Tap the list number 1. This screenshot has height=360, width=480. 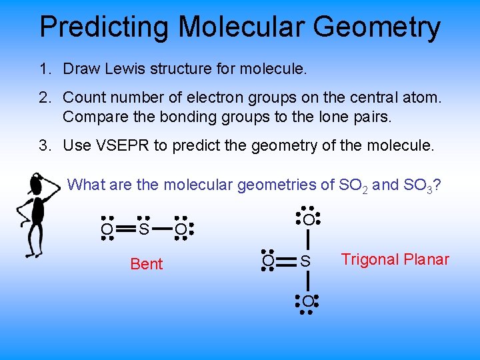[44, 69]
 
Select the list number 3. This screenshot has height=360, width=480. [44, 145]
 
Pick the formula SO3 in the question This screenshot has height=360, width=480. [419, 185]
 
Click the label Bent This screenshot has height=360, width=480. [146, 264]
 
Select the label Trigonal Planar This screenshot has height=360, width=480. [395, 259]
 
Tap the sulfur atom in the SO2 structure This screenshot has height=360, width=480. [143, 230]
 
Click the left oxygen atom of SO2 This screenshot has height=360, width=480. [107, 230]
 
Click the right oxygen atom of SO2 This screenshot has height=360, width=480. [180, 230]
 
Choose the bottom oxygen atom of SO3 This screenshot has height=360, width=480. [307, 302]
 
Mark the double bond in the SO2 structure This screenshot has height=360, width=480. [125, 230]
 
